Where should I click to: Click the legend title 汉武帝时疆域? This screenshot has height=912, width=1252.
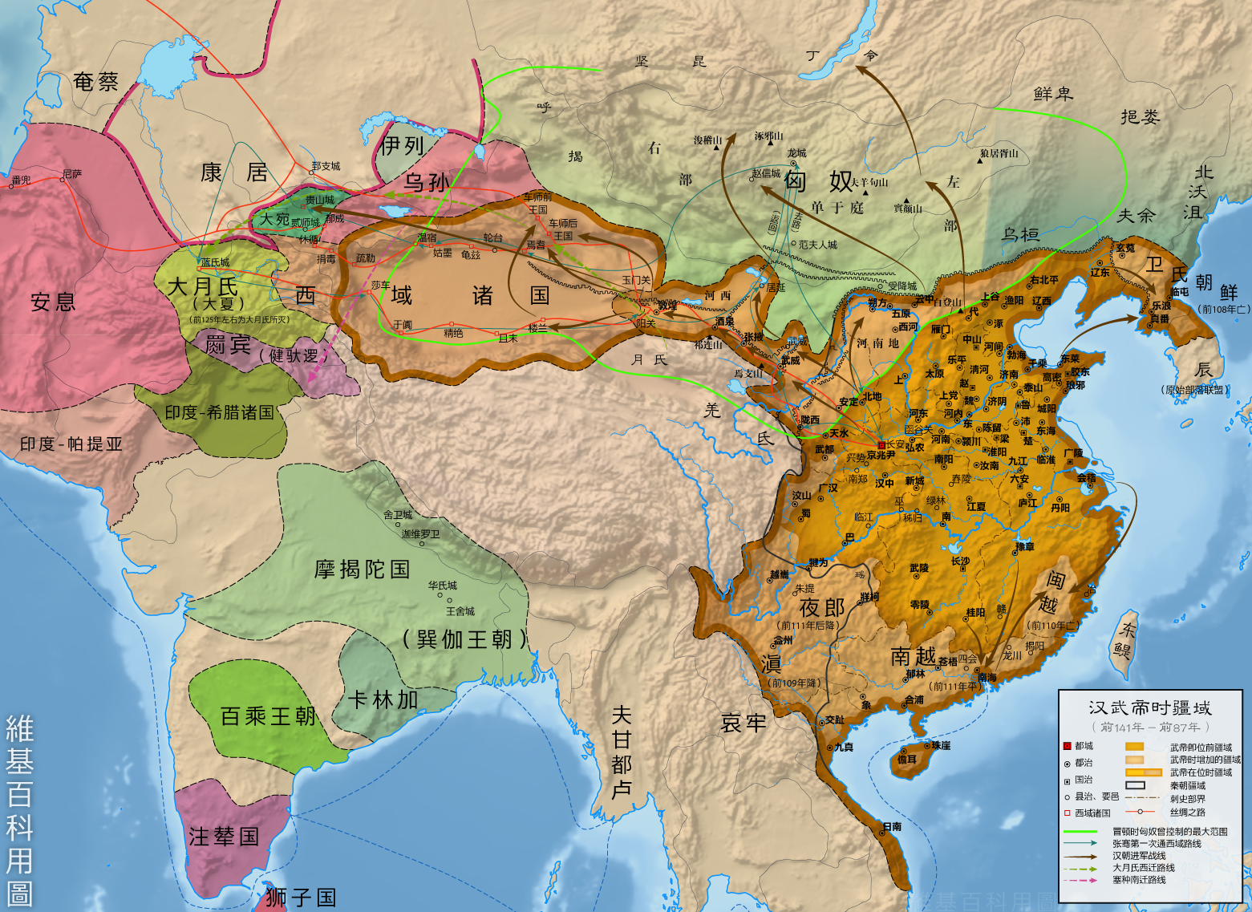[1149, 708]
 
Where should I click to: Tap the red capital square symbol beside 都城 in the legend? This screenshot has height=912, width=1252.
[1067, 746]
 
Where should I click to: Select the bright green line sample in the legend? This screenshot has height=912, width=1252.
[1080, 832]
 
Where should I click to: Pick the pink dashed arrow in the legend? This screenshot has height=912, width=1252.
[1080, 880]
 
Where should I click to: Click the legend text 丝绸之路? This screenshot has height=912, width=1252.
[1187, 813]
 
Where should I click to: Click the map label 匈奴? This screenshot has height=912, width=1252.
[818, 181]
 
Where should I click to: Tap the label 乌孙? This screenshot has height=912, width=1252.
[427, 182]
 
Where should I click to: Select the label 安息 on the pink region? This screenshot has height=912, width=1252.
[53, 302]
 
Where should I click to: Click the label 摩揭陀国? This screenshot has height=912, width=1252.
[363, 569]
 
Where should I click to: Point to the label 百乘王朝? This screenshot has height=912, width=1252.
[268, 716]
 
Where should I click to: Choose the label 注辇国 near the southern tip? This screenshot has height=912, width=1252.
[224, 837]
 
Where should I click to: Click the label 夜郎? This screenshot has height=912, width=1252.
[822, 608]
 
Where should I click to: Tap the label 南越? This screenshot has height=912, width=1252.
[914, 657]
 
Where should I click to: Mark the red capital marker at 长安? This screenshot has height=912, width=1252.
[881, 444]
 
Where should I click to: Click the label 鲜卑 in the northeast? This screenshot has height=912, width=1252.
[1053, 94]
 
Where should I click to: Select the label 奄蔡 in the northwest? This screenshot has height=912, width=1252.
[95, 82]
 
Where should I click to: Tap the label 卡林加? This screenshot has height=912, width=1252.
[383, 700]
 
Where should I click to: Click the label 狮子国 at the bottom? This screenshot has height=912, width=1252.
[301, 898]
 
